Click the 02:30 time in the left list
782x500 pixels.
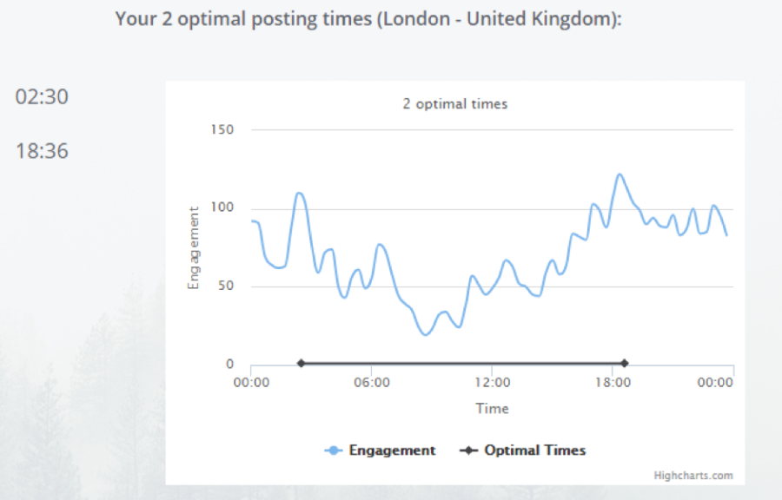coord(42,97)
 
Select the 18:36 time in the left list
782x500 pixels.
coord(42,151)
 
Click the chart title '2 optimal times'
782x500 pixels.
coord(454,104)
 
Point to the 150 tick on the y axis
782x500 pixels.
coord(222,129)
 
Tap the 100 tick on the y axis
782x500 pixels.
coord(222,207)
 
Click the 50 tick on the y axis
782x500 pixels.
coord(226,286)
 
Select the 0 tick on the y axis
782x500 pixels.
coord(229,365)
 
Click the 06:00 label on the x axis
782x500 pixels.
coord(371,383)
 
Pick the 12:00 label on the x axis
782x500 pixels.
coord(492,383)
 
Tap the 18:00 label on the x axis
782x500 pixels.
coord(612,383)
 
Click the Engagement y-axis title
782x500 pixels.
coord(194,247)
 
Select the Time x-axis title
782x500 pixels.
coord(492,408)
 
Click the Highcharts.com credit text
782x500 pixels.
coord(693,476)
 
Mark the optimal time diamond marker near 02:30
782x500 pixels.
coord(301,364)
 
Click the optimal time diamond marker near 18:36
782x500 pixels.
coord(624,364)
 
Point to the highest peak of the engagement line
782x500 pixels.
coord(620,174)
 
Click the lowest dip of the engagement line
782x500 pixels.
coord(425,334)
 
